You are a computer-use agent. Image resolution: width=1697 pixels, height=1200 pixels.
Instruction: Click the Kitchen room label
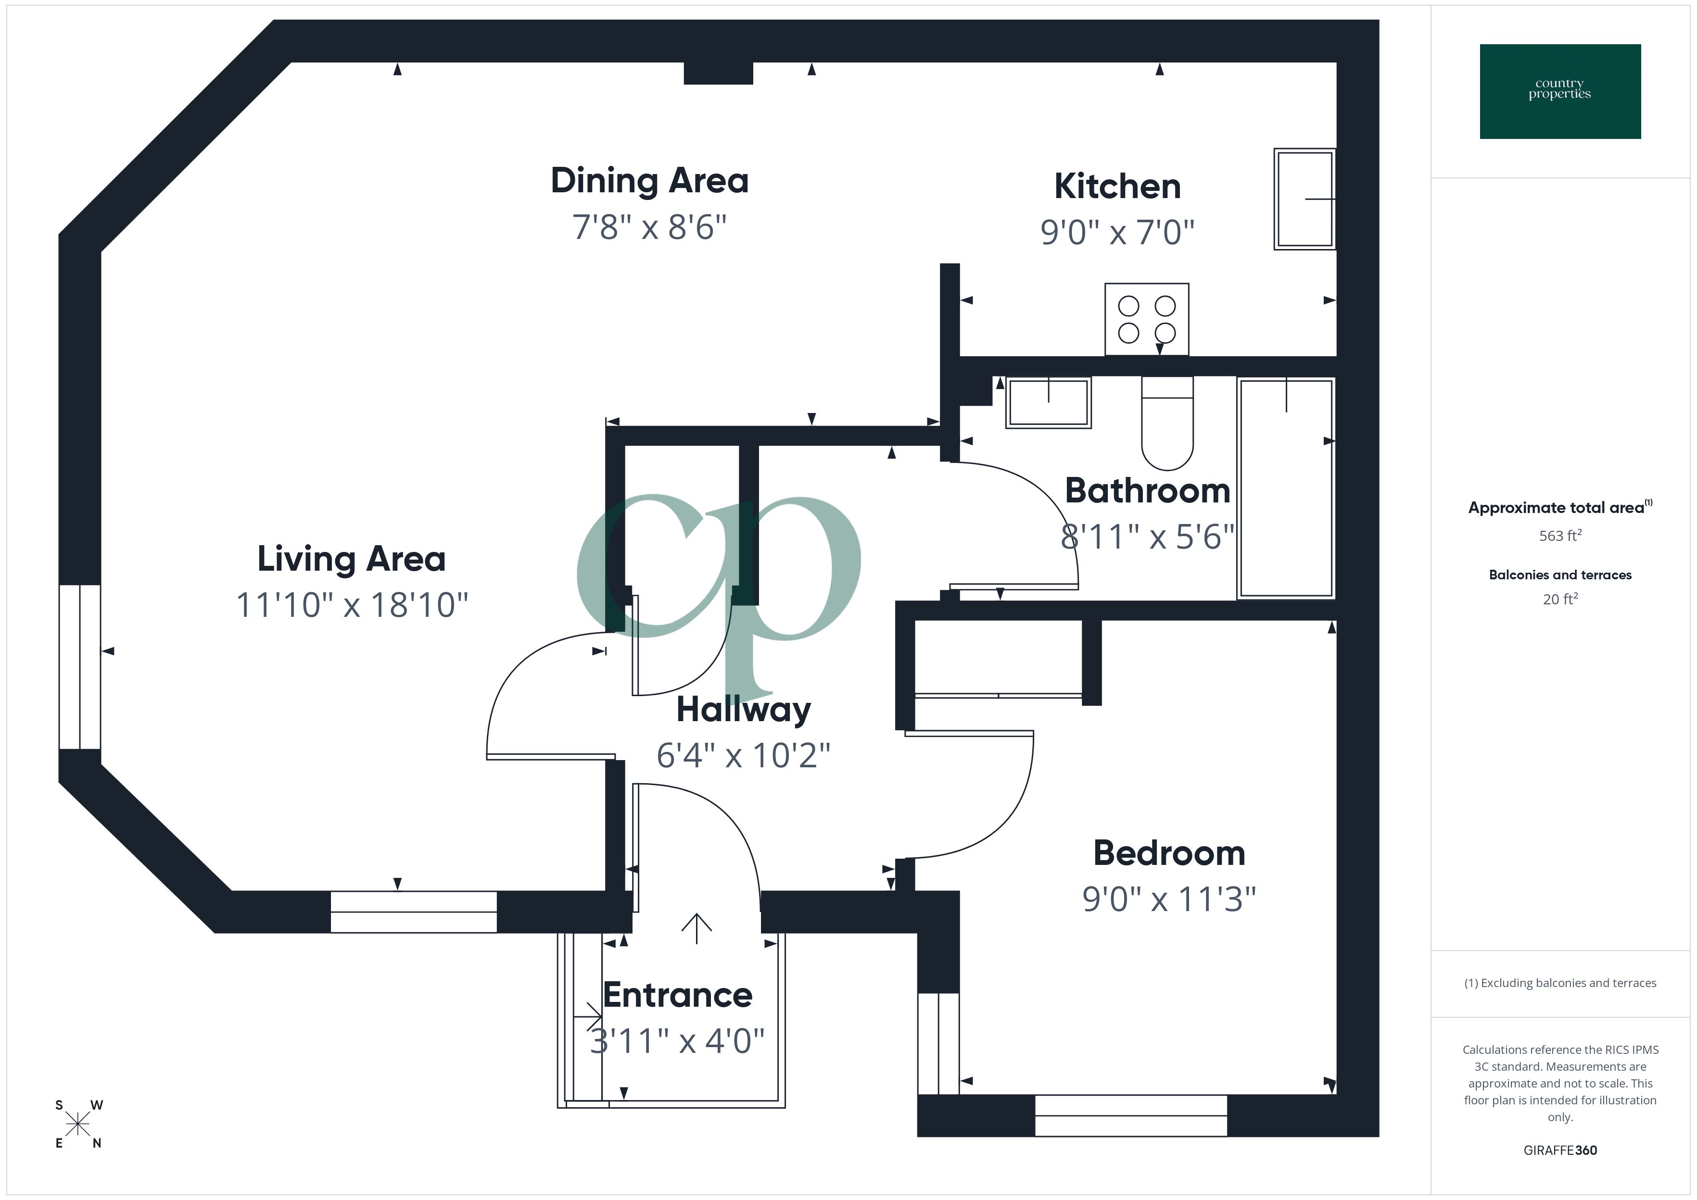[1117, 186]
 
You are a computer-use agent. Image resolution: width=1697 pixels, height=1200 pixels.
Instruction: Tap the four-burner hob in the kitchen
[1146, 319]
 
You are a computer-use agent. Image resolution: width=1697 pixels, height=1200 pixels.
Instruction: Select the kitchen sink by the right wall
[1304, 199]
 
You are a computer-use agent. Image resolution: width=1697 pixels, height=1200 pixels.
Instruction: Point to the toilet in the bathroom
[1167, 425]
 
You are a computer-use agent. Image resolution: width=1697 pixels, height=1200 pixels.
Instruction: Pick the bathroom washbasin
[1048, 403]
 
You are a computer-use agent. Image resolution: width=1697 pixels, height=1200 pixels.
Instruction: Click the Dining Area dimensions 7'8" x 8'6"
[649, 227]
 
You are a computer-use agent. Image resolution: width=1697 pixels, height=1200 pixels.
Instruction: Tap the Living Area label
[351, 559]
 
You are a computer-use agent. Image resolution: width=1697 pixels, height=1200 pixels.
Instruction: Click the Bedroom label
[1168, 853]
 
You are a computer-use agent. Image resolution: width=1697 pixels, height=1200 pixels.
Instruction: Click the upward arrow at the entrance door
[696, 928]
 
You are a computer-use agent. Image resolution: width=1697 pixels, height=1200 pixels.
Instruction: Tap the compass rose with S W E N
[77, 1125]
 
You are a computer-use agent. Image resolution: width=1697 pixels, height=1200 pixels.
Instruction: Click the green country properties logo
[1559, 92]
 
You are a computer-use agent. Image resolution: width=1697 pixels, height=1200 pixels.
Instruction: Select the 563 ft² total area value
[1559, 536]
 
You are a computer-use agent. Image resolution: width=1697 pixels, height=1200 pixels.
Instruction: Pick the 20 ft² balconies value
[1559, 599]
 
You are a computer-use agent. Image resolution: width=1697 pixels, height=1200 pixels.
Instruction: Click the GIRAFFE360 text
[1559, 1150]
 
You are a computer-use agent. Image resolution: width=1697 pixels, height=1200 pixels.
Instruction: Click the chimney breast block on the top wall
[718, 73]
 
